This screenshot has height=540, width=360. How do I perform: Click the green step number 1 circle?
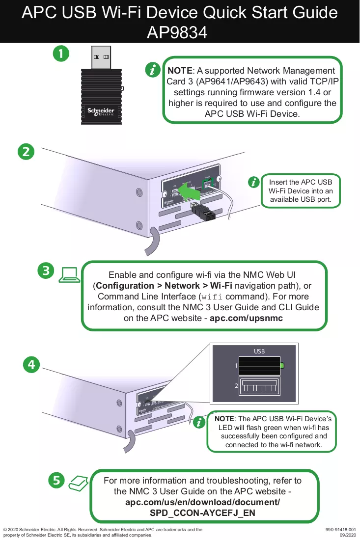[61, 54]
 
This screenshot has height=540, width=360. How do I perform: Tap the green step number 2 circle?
[26, 152]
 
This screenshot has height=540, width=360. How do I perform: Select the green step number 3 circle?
[46, 270]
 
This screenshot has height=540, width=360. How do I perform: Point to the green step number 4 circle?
[31, 364]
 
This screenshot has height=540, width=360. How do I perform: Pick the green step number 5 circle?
[56, 480]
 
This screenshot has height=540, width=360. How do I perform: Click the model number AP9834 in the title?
[177, 33]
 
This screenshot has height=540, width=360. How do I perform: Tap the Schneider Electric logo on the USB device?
[101, 111]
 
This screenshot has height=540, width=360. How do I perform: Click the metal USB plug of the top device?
[101, 57]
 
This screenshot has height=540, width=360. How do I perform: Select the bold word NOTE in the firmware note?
[180, 71]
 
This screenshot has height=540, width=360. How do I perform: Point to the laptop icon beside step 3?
[69, 275]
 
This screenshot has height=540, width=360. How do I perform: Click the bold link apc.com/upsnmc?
[247, 318]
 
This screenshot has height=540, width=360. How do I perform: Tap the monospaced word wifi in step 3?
[212, 297]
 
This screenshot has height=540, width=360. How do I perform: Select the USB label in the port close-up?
[259, 351]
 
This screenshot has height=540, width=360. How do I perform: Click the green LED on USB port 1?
[282, 365]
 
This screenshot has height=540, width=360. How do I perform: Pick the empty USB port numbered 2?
[259, 386]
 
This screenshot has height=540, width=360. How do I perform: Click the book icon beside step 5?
[78, 483]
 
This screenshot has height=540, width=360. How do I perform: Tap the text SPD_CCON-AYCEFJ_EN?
[202, 513]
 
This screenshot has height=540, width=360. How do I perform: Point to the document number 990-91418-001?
[341, 530]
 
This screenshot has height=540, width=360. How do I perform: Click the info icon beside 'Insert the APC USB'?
[253, 182]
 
